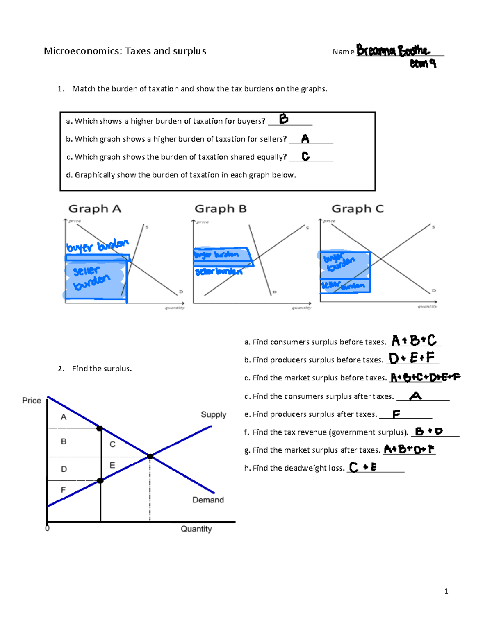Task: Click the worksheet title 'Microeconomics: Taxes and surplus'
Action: coord(125,51)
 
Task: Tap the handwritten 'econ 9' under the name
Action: coord(423,63)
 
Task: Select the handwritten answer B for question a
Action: coord(284,119)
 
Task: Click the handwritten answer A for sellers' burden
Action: coord(305,139)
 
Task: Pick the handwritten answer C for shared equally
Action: coord(305,156)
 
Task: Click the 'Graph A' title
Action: coord(95,209)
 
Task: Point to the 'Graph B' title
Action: coord(221,209)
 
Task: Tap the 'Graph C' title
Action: coord(358,209)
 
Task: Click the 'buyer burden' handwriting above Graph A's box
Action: coord(98,246)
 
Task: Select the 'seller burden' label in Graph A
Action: coord(91,277)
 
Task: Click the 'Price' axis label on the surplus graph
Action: coord(32,401)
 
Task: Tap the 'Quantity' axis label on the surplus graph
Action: coord(196,529)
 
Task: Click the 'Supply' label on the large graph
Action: coord(213,414)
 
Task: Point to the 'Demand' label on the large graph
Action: coord(208,500)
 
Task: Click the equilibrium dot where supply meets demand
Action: coord(150,456)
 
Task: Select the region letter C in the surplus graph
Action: coord(112,444)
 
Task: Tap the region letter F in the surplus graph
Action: coord(63,490)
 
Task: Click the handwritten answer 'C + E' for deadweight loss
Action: coord(363,467)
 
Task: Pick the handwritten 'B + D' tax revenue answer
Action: coord(429,431)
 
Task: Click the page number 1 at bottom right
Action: coord(446,591)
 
